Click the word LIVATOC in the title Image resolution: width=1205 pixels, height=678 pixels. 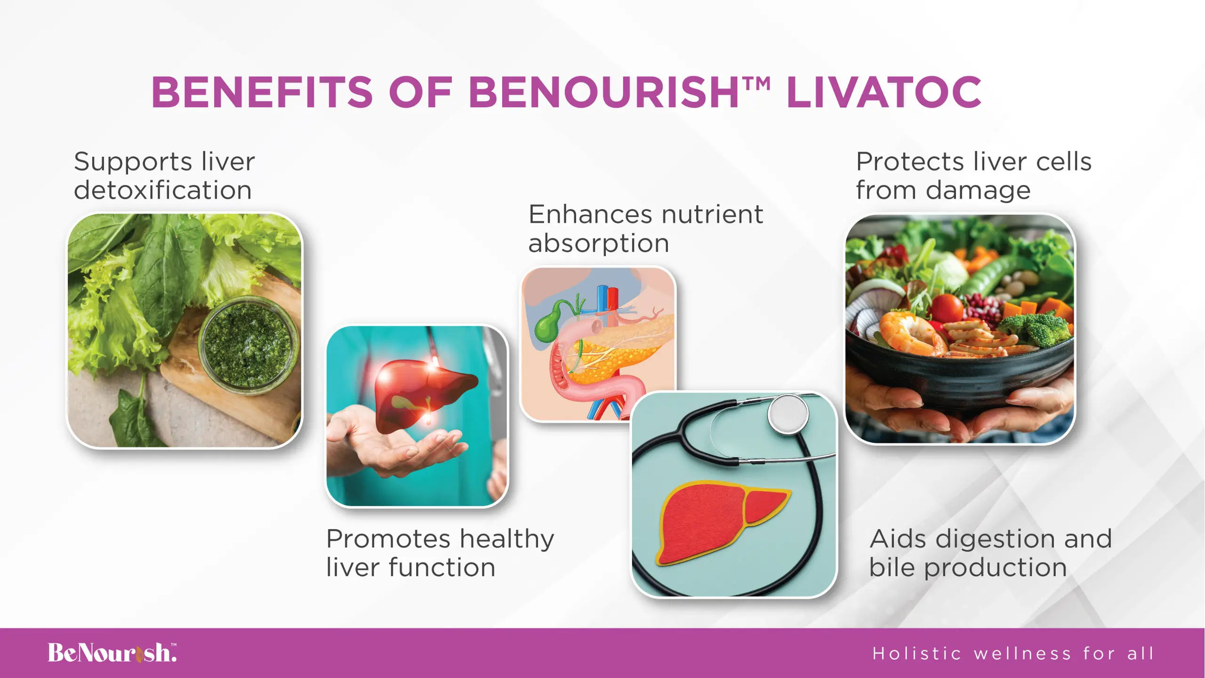[x=884, y=92]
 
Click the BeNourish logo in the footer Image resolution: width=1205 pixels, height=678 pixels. [x=112, y=653]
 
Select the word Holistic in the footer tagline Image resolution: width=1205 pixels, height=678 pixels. [x=916, y=654]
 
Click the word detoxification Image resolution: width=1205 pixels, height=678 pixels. [x=163, y=190]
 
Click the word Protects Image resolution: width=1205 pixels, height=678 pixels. [x=910, y=162]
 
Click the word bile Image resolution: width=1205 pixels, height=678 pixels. [x=892, y=567]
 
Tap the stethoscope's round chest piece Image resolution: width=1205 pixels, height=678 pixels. [x=788, y=414]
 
